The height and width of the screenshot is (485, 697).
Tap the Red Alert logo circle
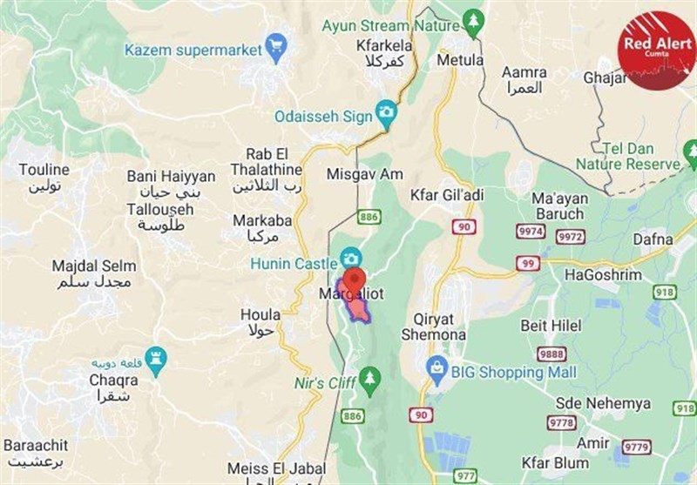coord(656,48)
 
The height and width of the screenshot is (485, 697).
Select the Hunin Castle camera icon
coord(350,258)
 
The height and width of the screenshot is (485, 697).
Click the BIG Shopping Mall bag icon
coord(436,371)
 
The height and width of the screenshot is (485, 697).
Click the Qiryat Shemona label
coord(433,327)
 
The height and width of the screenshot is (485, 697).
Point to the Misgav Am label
coord(364,174)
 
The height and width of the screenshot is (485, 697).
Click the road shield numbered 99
coord(525,263)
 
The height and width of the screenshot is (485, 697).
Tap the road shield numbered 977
coord(465,475)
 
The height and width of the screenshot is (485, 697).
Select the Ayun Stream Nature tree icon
coord(473,25)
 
